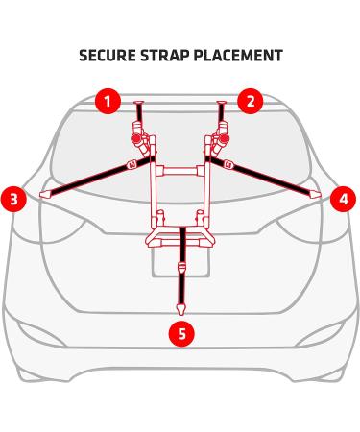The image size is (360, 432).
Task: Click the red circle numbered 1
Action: [108, 99]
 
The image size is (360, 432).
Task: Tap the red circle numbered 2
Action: [250, 100]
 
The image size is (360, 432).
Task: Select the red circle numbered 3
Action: [13, 200]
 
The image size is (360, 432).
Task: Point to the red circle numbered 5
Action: [179, 334]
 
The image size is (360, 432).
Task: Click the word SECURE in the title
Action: [108, 55]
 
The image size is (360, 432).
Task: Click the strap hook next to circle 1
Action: [139, 102]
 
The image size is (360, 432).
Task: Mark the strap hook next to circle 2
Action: [222, 102]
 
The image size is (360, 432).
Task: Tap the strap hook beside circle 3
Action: [43, 195]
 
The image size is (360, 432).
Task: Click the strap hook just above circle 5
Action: [180, 307]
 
